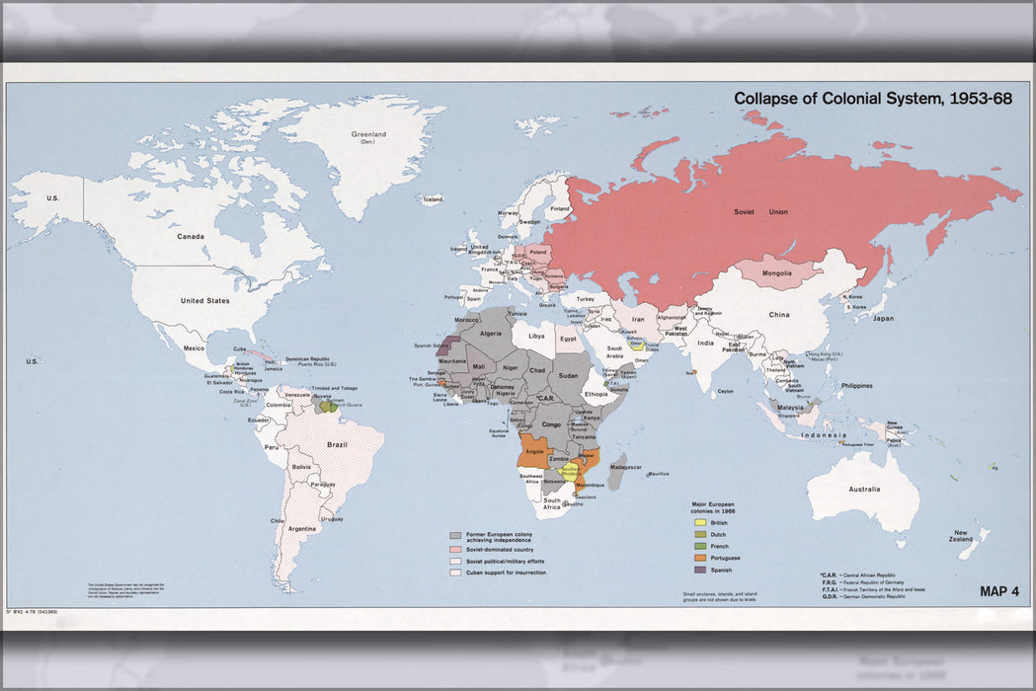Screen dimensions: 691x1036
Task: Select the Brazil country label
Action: point(338,444)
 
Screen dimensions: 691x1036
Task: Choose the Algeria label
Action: point(491,334)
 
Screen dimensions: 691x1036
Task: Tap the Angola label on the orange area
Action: point(534,451)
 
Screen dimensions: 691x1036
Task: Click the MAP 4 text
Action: point(998,591)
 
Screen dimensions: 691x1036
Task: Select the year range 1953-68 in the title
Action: point(980,99)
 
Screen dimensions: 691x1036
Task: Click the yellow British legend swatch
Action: point(700,520)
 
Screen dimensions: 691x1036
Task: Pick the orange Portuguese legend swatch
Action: point(700,557)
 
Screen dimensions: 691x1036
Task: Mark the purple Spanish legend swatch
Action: point(700,569)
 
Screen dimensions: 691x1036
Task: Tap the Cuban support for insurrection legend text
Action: point(506,572)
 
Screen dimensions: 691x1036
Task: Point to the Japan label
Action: point(883,318)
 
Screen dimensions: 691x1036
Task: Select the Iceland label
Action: point(433,198)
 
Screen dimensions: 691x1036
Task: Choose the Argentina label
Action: point(301,528)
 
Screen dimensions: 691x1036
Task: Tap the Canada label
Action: point(191,236)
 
